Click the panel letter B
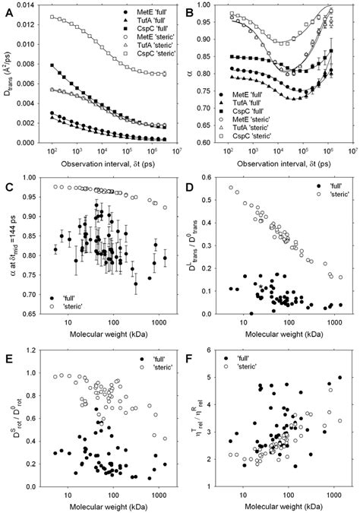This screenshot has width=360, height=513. point(187,7)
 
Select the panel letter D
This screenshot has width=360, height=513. point(188,177)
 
